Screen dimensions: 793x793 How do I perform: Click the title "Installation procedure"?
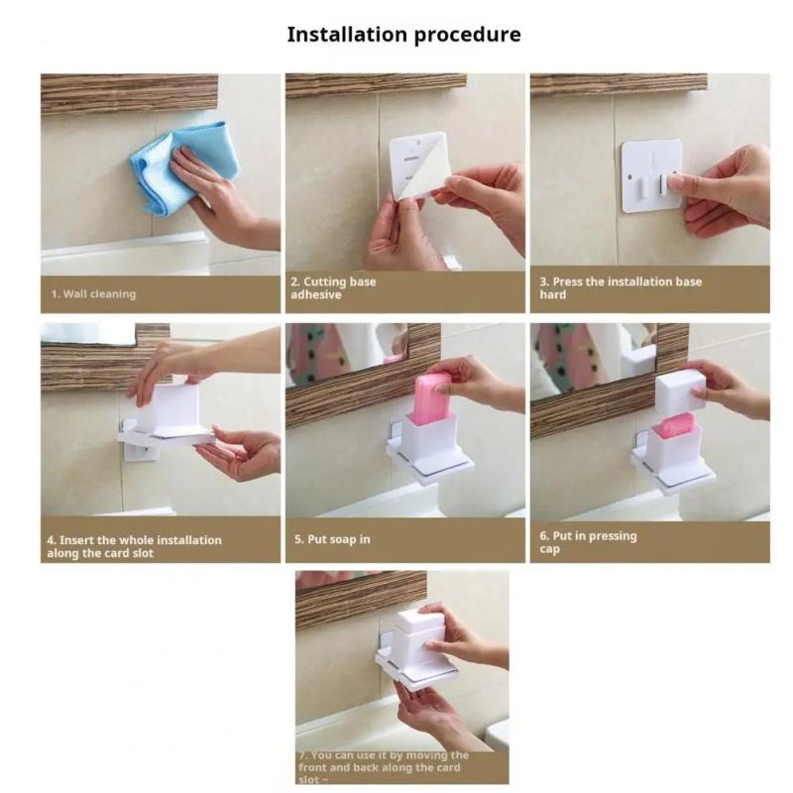click(403, 35)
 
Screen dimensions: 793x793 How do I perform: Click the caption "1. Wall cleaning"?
click(94, 293)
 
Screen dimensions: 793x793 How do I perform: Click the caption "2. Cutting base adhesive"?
click(333, 288)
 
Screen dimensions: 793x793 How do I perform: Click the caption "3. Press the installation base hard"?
click(621, 288)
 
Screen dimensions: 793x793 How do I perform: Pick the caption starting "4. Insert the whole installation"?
click(134, 546)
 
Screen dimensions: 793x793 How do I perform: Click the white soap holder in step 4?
click(169, 416)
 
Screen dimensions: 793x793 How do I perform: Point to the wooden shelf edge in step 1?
click(129, 93)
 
